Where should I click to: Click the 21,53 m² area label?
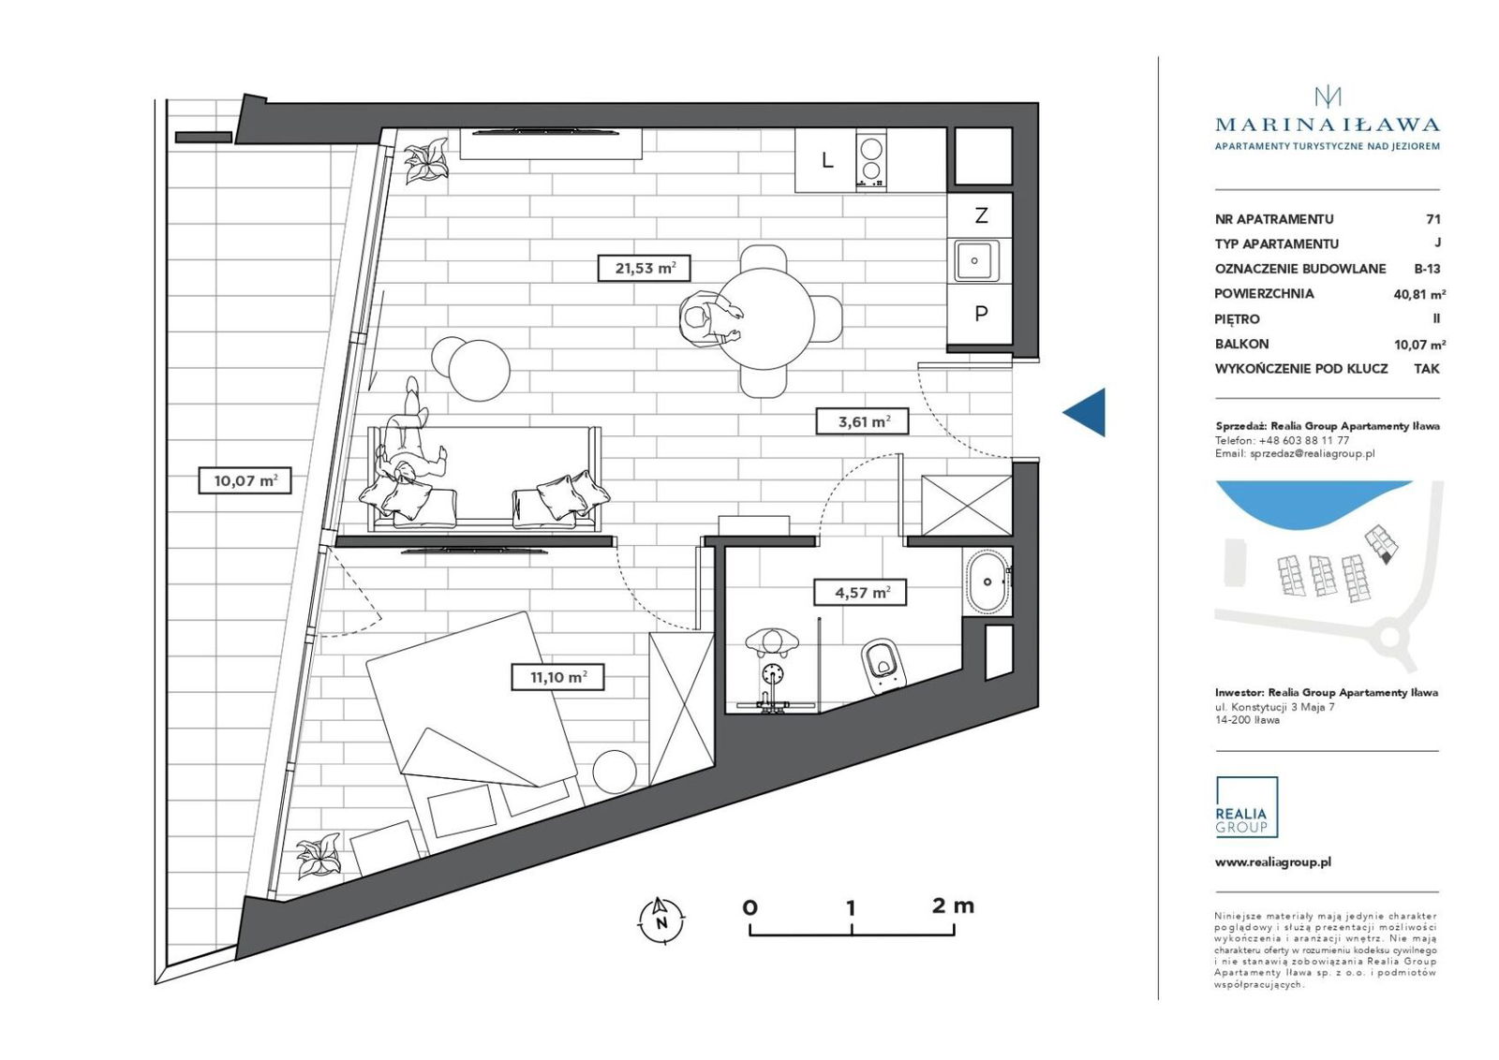(644, 268)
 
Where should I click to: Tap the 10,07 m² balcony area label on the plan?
(245, 480)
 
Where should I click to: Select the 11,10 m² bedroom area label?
(558, 677)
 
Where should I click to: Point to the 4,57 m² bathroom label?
(861, 592)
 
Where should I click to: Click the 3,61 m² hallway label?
(863, 421)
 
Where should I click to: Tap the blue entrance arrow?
(1084, 412)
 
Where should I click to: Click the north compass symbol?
(661, 920)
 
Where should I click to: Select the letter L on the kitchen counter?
(828, 160)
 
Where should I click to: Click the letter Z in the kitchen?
(981, 215)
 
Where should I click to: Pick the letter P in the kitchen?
(981, 313)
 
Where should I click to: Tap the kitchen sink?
(976, 260)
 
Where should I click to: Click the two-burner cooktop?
(870, 160)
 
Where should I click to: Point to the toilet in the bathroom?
(883, 666)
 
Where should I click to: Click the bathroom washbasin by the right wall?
(987, 581)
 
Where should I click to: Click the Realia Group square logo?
(1247, 806)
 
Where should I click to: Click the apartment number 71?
(1432, 219)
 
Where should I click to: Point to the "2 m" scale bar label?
(953, 905)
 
